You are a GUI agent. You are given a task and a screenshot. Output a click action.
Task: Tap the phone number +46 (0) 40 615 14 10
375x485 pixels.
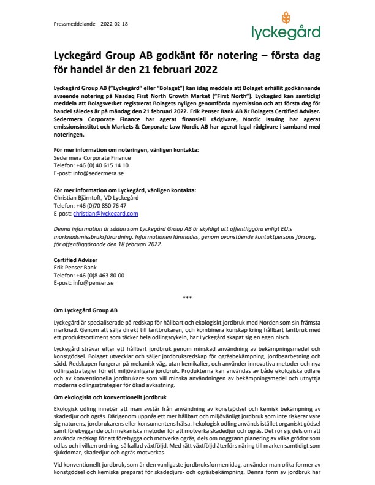click(x=91, y=165)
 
